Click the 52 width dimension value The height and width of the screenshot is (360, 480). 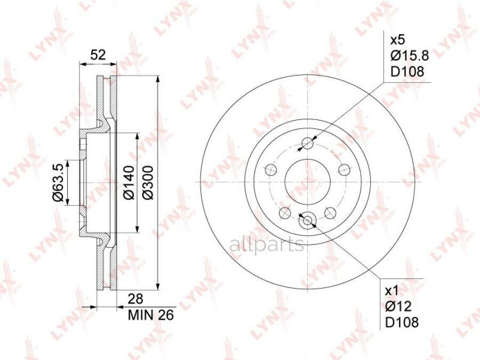98,55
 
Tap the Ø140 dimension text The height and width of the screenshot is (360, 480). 129,182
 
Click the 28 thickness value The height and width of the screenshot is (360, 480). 135,299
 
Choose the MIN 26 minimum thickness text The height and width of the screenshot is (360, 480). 151,315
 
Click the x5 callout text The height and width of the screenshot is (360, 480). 398,40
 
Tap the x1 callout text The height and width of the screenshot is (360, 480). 392,291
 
